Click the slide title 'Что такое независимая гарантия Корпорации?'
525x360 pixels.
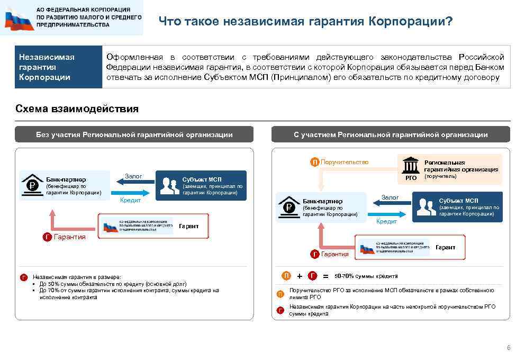coord(305,21)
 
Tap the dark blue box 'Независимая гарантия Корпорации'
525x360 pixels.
coord(58,67)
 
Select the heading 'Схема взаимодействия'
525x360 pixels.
coord(77,109)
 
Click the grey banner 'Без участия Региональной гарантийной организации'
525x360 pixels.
coord(134,134)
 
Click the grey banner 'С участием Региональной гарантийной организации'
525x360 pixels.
coord(391,134)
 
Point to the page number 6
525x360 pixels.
coord(509,348)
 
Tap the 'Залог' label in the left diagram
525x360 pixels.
coord(133,176)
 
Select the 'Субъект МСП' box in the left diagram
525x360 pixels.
coord(201,185)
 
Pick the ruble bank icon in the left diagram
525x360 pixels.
coord(31,185)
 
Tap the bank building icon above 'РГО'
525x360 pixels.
coord(411,165)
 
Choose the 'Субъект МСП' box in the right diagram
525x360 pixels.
coord(457,207)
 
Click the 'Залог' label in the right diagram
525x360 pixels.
coord(390,197)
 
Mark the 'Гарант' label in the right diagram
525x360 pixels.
coord(445,247)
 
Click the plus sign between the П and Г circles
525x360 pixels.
coord(300,276)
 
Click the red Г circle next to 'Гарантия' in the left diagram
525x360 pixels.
coord(47,237)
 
